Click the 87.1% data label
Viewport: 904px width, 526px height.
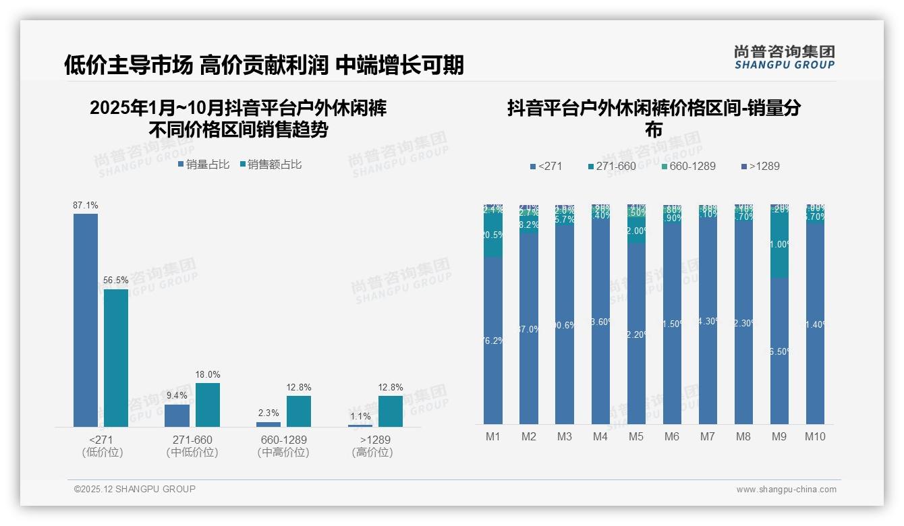[86, 205]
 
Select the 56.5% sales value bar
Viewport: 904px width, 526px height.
[116, 357]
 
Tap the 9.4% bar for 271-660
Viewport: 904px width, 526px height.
[177, 415]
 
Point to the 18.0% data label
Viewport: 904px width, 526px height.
[208, 374]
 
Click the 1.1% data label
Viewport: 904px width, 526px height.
[360, 416]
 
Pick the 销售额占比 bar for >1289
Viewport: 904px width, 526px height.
[391, 411]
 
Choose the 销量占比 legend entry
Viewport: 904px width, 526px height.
[204, 164]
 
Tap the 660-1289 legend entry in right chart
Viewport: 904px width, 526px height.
[687, 166]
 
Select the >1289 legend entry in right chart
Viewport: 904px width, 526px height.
[760, 166]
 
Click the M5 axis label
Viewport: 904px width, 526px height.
[636, 436]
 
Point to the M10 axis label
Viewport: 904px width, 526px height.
[815, 436]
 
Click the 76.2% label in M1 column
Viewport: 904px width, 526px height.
[493, 341]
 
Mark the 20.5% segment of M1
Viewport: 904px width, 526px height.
[493, 235]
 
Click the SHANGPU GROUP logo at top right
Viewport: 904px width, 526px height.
[784, 57]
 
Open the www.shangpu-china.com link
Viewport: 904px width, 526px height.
[786, 490]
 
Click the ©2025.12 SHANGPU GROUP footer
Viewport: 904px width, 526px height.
[135, 489]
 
